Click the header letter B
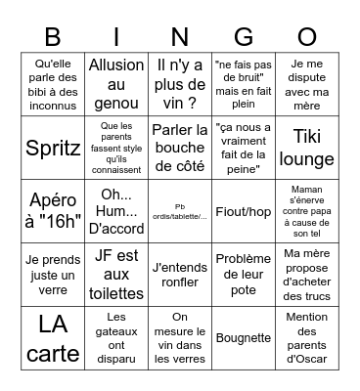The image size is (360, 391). [53, 38]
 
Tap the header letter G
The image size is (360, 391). [243, 38]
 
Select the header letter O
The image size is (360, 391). [306, 38]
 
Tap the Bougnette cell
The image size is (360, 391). [243, 337]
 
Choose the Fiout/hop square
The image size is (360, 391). [243, 210]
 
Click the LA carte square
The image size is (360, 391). [53, 337]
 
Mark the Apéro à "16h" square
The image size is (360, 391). [53, 210]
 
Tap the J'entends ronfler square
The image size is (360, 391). [180, 274]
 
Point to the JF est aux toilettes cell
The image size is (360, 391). [116, 274]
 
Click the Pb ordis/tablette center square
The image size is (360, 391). [180, 210]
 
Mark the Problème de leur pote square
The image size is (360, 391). [243, 274]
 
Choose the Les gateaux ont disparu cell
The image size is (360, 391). [116, 337]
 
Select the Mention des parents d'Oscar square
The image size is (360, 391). [306, 337]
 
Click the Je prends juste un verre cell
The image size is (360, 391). [53, 274]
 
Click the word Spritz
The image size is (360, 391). [53, 148]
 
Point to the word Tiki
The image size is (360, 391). [306, 136]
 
